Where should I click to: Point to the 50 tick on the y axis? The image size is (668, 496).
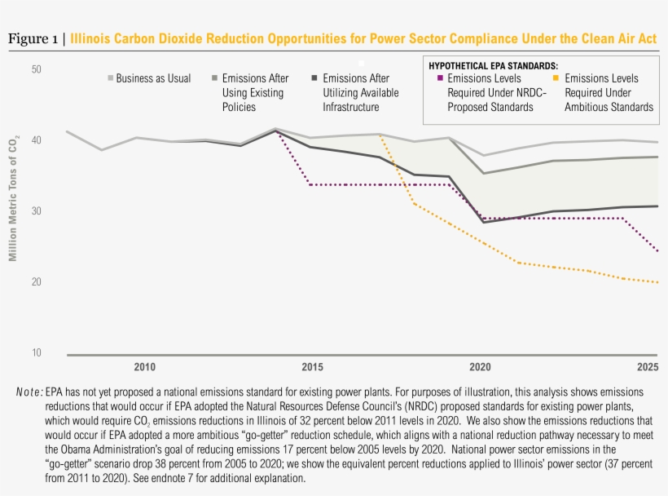point(36,69)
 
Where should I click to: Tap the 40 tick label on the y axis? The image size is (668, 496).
point(36,140)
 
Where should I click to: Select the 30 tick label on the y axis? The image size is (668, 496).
point(36,211)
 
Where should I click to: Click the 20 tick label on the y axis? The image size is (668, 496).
point(36,282)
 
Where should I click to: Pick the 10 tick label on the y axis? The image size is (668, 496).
point(36,353)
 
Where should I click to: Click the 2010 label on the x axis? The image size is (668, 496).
point(145,367)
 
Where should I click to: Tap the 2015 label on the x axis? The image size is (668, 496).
point(313,367)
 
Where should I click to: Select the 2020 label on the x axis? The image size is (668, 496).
point(481,367)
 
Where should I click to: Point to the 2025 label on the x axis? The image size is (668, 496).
point(647,367)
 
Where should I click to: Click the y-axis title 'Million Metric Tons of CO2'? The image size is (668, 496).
point(13,200)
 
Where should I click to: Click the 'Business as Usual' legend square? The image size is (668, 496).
point(111,79)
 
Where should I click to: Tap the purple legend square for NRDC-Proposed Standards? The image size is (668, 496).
point(440,79)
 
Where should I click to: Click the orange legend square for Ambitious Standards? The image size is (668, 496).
point(556,79)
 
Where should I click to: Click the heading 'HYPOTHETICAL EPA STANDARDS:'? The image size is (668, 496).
point(494,65)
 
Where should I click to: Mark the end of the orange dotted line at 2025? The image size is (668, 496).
point(657,282)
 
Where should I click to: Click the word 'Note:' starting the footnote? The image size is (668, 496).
point(29,392)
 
